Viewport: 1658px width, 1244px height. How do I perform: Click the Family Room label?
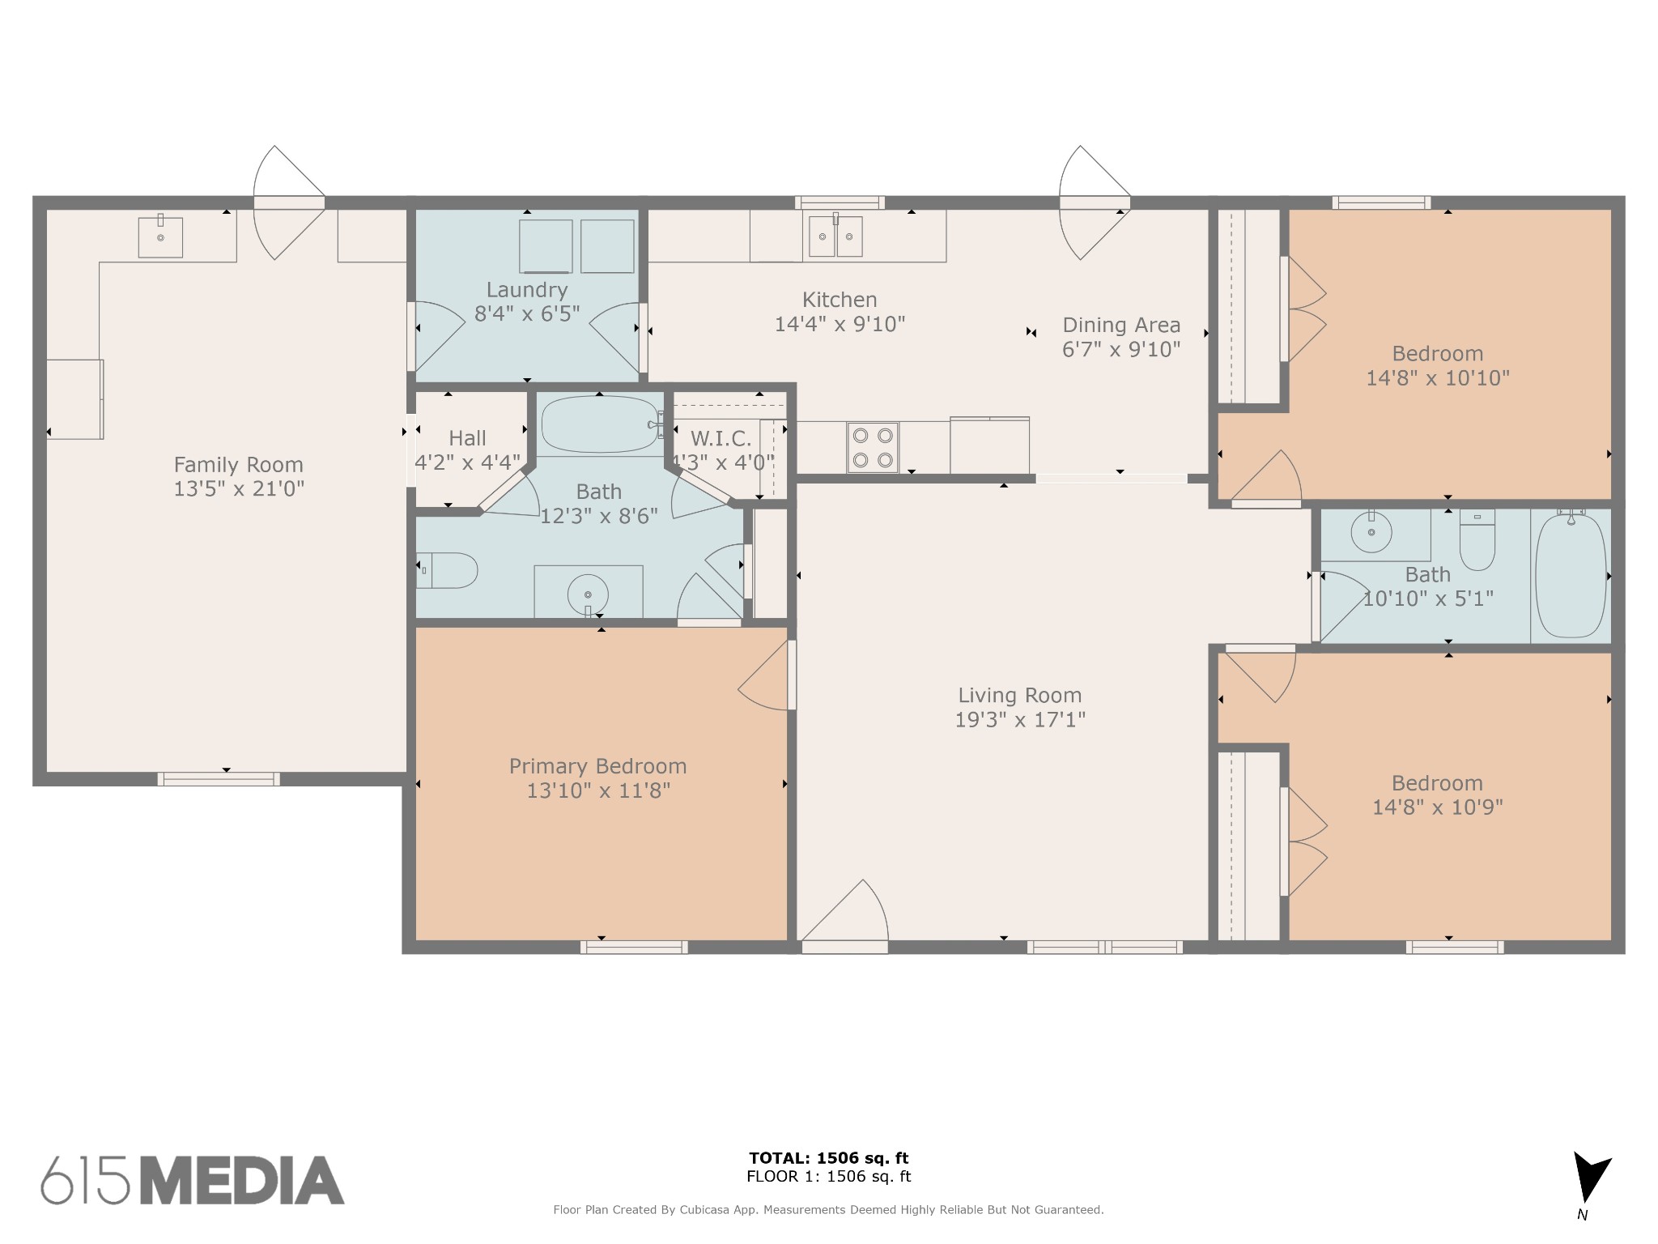point(239,465)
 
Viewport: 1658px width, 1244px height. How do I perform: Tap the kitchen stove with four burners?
point(873,447)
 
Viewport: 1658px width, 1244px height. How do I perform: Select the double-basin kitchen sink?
point(835,236)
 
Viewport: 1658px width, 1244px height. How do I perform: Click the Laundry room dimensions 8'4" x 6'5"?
point(527,314)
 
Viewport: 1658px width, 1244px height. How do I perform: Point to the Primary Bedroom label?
point(598,766)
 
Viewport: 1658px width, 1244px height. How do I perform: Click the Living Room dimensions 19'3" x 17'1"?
point(1020,719)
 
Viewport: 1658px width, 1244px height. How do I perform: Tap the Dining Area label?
point(1121,325)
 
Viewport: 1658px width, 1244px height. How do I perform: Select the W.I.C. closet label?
point(721,439)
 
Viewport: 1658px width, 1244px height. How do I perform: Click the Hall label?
point(467,438)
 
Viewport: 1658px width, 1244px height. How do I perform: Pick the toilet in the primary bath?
point(446,570)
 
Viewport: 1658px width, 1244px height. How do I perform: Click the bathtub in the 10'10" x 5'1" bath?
point(1571,575)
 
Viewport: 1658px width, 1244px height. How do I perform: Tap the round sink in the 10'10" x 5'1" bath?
point(1371,532)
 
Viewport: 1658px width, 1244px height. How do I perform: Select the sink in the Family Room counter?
point(160,236)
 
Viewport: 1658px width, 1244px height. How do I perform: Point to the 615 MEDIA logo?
point(193,1180)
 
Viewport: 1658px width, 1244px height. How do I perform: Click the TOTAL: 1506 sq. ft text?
point(829,1158)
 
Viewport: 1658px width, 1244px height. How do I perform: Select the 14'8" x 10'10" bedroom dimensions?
point(1438,378)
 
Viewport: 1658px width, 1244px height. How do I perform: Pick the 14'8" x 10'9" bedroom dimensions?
point(1438,807)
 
